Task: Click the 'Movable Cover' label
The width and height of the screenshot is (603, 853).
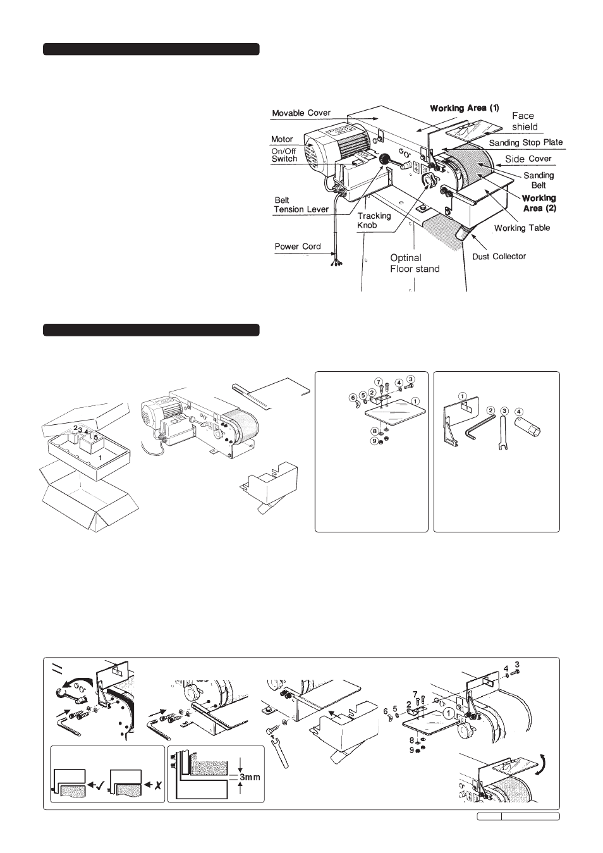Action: (x=301, y=113)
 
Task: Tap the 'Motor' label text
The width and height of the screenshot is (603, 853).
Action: (x=282, y=139)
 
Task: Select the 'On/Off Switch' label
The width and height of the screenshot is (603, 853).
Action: (x=284, y=155)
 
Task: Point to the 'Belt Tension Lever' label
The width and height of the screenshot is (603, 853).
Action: (x=301, y=204)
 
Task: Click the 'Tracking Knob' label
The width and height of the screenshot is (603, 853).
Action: (x=374, y=221)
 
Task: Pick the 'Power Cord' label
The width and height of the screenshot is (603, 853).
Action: (x=298, y=247)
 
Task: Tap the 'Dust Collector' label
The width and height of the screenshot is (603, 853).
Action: (x=499, y=256)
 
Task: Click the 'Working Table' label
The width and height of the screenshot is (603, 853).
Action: (x=522, y=228)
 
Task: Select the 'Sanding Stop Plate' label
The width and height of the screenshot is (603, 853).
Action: (x=526, y=142)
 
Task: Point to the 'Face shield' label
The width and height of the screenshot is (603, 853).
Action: (x=524, y=121)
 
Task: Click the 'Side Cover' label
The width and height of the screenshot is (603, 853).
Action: (x=528, y=159)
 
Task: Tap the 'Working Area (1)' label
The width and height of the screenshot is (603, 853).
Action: (x=465, y=108)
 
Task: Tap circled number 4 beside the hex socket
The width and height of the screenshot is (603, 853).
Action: (x=518, y=411)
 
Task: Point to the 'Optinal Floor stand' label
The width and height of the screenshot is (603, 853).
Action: (x=415, y=264)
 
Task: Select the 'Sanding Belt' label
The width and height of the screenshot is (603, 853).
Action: (x=539, y=180)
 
